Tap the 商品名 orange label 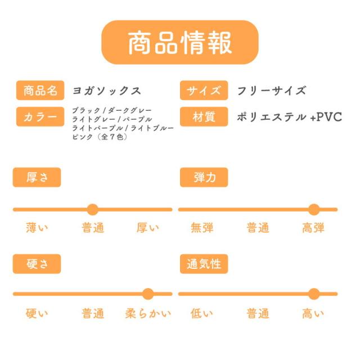(40, 91)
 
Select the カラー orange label (40, 117)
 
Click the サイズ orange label (204, 91)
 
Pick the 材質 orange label (204, 117)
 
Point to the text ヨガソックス (107, 91)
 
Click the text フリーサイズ (271, 91)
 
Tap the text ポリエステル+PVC (290, 117)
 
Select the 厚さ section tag (37, 178)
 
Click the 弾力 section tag (204, 178)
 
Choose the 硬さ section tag (37, 264)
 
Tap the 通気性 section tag (204, 264)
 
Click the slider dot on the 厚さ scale (93, 210)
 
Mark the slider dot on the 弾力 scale (314, 210)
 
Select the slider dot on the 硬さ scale (148, 294)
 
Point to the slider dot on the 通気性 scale (314, 294)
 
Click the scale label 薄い (37, 228)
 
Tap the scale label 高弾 (313, 228)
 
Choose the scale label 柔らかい (148, 313)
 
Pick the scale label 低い (202, 313)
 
